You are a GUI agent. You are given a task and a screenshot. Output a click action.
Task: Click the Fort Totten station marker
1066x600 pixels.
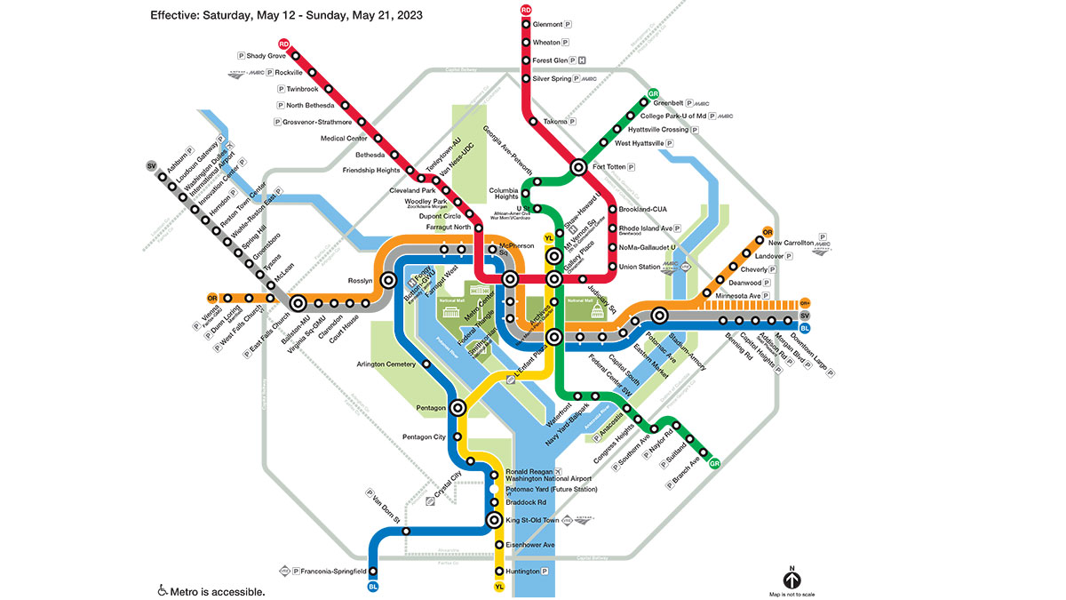click(x=578, y=166)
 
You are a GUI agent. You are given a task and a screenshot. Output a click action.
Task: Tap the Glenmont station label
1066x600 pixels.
click(x=548, y=25)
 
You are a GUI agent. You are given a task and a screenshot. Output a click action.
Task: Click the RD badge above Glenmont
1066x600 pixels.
click(x=526, y=10)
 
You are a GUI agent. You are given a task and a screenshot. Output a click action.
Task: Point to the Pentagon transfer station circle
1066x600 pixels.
click(x=458, y=408)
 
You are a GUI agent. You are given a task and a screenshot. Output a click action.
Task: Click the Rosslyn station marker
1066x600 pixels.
click(x=388, y=281)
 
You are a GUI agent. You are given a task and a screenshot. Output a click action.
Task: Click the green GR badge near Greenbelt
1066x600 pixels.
click(x=654, y=94)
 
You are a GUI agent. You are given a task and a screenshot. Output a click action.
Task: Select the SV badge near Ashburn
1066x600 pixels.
click(x=151, y=166)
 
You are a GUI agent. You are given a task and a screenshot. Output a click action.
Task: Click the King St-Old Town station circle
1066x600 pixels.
click(x=496, y=521)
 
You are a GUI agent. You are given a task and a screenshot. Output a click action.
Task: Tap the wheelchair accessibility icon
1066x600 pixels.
click(x=163, y=590)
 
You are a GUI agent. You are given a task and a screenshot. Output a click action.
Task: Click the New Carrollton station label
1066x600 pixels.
click(x=792, y=242)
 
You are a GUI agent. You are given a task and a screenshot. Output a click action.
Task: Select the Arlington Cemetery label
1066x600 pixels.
click(x=386, y=364)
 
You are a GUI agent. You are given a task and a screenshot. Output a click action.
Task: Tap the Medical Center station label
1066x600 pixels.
click(x=344, y=139)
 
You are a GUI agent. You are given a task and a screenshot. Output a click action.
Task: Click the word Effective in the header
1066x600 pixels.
click(x=174, y=16)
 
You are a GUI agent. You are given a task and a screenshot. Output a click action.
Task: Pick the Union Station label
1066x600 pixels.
click(x=640, y=267)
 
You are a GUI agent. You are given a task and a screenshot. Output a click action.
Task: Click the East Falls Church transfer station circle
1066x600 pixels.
click(x=298, y=304)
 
